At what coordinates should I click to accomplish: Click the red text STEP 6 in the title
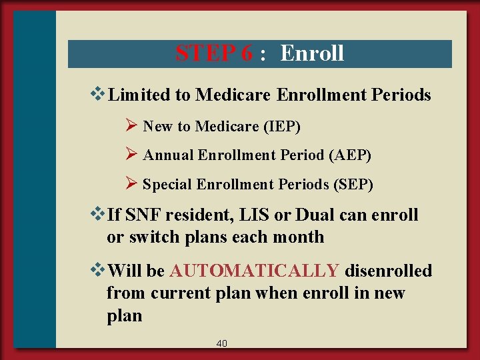click(x=214, y=53)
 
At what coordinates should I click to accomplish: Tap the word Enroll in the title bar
click(x=312, y=53)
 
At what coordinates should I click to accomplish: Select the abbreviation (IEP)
click(x=281, y=126)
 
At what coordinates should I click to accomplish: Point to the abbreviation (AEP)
click(x=350, y=155)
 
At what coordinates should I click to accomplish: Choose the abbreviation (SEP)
click(x=352, y=185)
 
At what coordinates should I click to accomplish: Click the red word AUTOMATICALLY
click(x=255, y=271)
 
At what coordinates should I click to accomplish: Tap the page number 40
click(x=222, y=343)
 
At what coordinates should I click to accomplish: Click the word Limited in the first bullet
click(x=139, y=95)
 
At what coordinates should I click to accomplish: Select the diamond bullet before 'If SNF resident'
click(x=101, y=215)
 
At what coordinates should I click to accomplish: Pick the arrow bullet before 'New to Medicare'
click(x=131, y=125)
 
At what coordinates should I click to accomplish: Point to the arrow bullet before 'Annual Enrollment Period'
click(x=131, y=155)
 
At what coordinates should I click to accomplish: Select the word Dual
click(x=316, y=215)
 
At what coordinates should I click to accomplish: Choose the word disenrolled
click(x=389, y=271)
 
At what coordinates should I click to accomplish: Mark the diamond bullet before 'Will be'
click(x=101, y=271)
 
